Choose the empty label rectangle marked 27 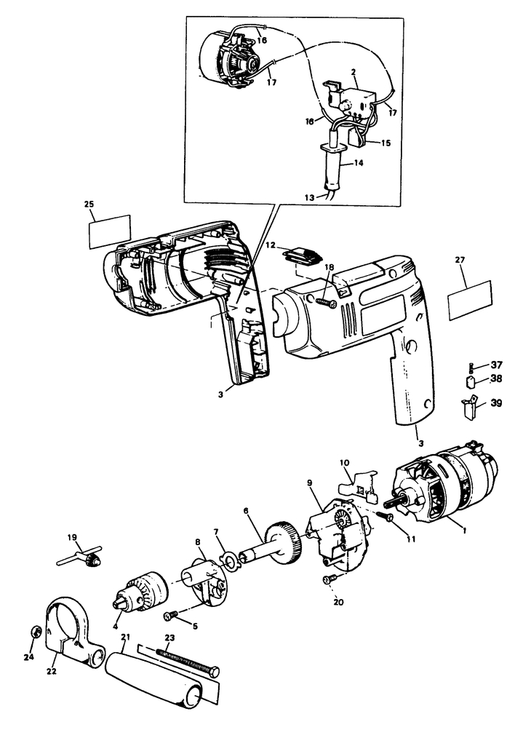(x=471, y=301)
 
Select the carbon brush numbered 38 (x=469, y=381)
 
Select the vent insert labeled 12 (x=300, y=256)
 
